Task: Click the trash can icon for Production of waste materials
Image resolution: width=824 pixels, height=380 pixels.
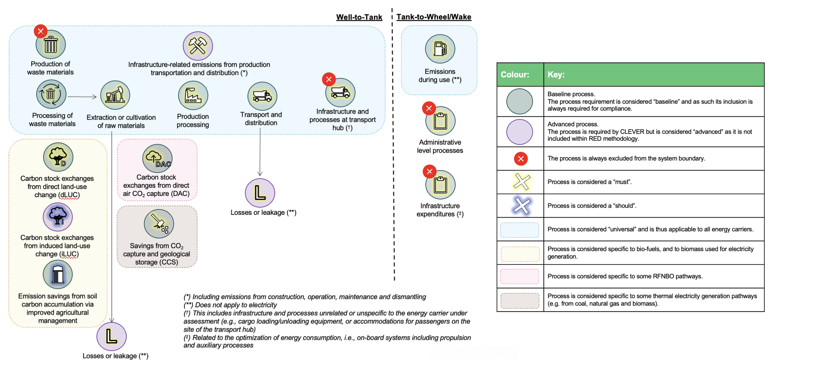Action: [51, 44]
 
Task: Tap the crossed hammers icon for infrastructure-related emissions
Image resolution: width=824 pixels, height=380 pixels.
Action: [198, 46]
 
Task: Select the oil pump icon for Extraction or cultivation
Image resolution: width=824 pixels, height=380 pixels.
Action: [115, 95]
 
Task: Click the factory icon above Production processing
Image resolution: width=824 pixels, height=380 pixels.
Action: [193, 95]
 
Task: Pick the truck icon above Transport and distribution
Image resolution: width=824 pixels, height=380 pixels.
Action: [262, 96]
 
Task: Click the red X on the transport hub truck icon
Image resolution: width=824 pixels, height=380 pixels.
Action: [329, 79]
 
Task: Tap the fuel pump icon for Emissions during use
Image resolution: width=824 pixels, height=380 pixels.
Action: [440, 49]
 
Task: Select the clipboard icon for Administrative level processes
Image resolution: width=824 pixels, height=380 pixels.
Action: [440, 121]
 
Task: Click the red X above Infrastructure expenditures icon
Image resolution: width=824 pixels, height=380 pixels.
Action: [429, 171]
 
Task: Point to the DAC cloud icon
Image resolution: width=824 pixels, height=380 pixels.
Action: [157, 159]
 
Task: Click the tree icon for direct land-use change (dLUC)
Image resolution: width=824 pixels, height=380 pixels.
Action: [58, 157]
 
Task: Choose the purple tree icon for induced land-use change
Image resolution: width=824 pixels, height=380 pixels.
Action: [57, 216]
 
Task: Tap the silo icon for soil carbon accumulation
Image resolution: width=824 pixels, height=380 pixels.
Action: [57, 274]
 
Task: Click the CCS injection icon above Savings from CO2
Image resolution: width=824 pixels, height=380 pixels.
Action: [159, 224]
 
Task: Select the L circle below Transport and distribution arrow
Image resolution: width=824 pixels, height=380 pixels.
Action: [260, 193]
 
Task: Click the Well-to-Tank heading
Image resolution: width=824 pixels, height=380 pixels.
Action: [359, 17]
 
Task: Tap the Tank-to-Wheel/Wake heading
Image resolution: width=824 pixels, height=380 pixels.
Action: [434, 17]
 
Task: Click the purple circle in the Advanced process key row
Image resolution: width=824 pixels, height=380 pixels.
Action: [519, 132]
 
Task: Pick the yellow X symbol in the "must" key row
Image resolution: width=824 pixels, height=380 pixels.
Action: [521, 182]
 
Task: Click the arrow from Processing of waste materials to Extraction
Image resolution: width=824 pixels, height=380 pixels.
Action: [82, 97]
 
